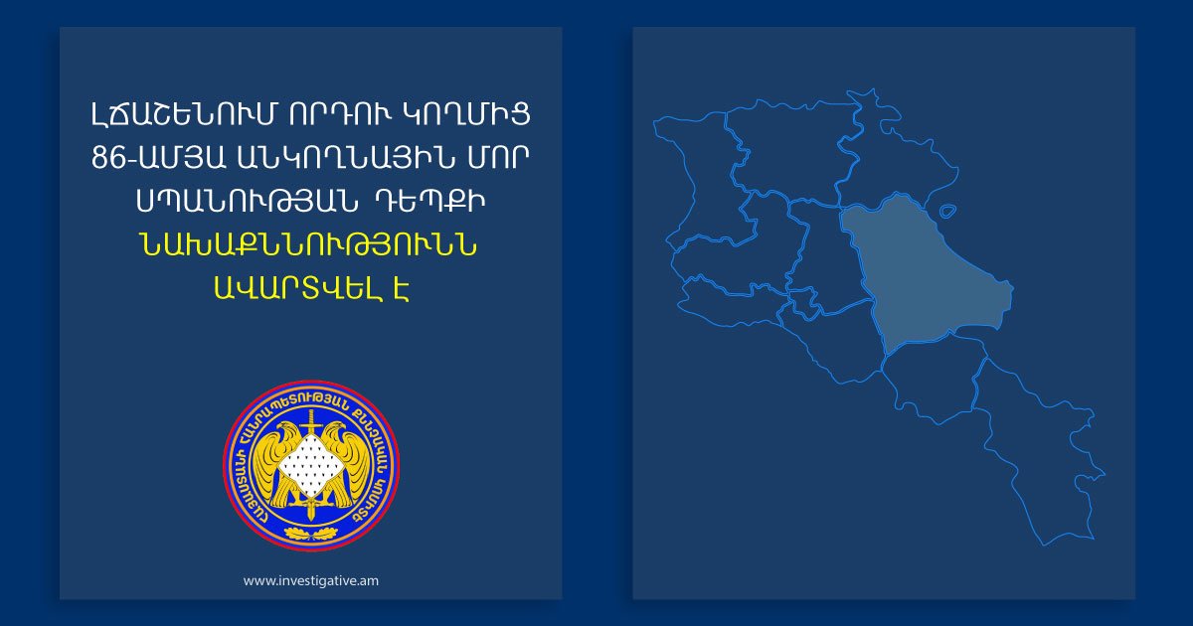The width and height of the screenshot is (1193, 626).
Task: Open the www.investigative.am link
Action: [x=310, y=580]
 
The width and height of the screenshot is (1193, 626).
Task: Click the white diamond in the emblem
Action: [x=311, y=465]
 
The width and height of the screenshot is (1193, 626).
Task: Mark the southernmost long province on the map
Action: [x=1034, y=447]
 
